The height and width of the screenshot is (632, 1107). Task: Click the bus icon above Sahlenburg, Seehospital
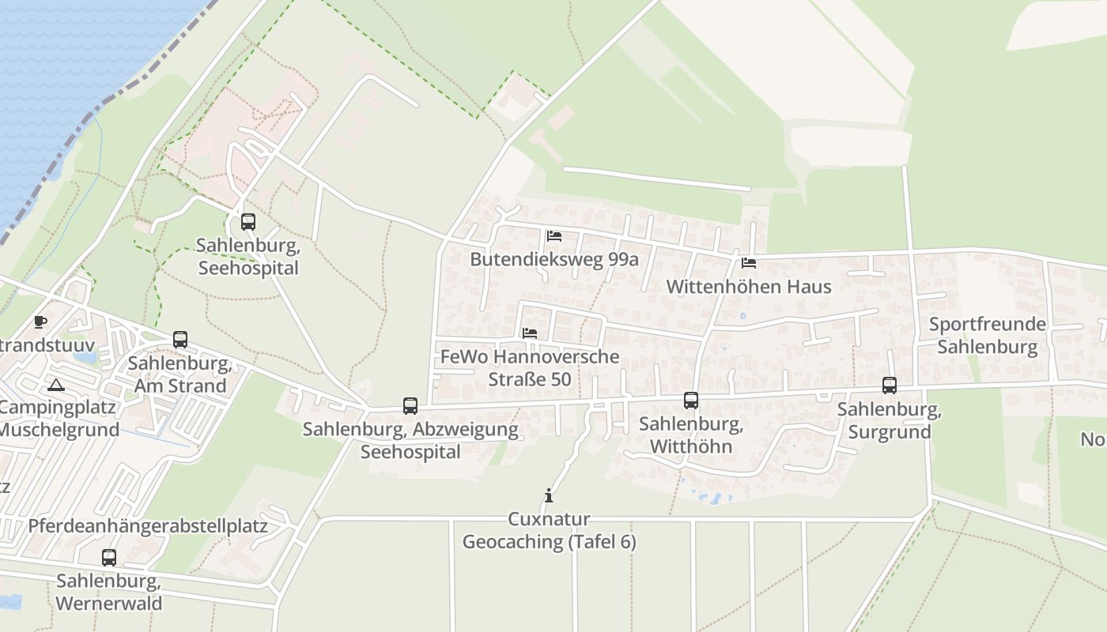248,222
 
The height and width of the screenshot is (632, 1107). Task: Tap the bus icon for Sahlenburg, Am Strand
180,340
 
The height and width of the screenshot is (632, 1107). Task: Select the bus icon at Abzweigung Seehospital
410,406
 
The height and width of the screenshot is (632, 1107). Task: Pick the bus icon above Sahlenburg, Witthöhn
691,401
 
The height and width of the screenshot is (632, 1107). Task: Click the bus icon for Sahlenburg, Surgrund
890,386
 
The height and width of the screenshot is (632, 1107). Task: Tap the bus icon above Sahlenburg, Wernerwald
109,558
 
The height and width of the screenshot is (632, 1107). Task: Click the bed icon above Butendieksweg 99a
554,235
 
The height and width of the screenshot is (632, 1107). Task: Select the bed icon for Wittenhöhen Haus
749,262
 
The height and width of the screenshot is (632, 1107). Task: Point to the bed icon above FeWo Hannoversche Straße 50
530,333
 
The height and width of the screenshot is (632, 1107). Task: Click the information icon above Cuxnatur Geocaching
549,496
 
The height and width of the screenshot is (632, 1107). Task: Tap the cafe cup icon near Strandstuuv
40,322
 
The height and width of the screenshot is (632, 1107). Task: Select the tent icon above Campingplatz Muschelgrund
55,386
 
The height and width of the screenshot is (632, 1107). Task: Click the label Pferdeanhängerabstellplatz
148,525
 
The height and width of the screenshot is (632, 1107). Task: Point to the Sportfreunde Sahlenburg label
987,335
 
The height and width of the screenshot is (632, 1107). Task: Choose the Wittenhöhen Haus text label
749,286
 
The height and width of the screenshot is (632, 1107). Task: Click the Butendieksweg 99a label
553,259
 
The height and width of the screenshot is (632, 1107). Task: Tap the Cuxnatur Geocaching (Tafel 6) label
549,530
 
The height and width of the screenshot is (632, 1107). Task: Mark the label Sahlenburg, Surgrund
890,420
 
